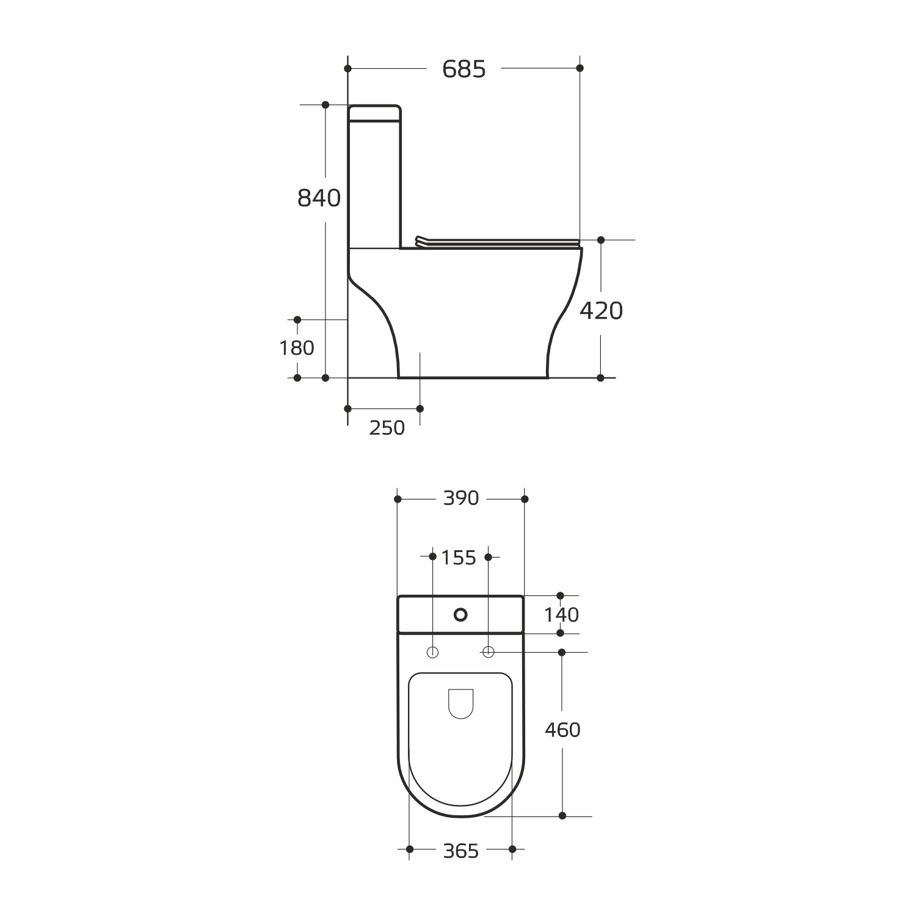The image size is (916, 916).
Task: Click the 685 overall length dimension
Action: [464, 69]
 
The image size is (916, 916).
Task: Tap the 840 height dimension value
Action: [319, 198]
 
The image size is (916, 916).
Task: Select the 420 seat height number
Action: [601, 311]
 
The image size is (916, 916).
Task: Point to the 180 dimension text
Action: [297, 348]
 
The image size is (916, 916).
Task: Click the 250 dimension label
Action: [387, 428]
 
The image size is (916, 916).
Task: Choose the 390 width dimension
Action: [461, 498]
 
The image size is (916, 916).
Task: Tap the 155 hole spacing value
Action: [459, 558]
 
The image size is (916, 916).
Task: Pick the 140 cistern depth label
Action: [562, 614]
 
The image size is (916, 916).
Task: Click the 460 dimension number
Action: [562, 729]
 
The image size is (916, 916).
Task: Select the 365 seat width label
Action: [461, 851]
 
